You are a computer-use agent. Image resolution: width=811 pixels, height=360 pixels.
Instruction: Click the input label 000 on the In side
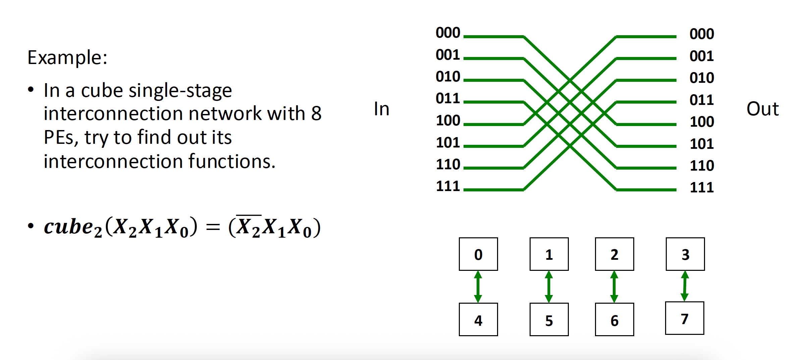tap(448, 33)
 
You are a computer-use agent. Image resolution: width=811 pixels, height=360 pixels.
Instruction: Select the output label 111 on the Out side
tap(702, 187)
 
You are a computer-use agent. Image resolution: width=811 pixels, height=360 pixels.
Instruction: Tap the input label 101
tap(448, 143)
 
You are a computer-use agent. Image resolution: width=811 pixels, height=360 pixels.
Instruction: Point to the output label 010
tap(702, 78)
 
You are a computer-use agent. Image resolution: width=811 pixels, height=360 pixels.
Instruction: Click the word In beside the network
tap(382, 109)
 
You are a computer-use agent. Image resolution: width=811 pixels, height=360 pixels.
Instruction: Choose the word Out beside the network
tap(762, 109)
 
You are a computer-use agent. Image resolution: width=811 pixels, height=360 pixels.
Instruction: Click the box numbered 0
tap(478, 254)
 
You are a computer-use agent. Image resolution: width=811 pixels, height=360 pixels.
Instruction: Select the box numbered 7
tap(685, 318)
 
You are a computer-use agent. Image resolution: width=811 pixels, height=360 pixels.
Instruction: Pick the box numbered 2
tap(614, 254)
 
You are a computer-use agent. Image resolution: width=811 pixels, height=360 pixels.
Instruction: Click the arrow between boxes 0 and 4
tap(478, 287)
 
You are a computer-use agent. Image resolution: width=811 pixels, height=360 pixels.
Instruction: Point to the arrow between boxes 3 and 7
tap(685, 286)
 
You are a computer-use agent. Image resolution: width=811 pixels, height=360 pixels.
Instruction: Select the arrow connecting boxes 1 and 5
tap(549, 287)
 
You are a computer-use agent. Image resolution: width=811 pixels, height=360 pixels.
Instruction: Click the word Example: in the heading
tap(67, 58)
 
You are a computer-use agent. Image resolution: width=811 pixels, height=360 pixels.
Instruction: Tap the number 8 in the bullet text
tap(316, 113)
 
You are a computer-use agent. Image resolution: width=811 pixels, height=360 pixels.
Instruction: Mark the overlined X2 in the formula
tap(249, 227)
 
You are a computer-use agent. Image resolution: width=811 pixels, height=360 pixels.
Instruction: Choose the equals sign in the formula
tap(213, 227)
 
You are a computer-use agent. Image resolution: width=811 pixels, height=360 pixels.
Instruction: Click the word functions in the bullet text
tap(231, 162)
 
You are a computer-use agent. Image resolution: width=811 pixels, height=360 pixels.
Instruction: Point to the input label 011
tap(448, 99)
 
